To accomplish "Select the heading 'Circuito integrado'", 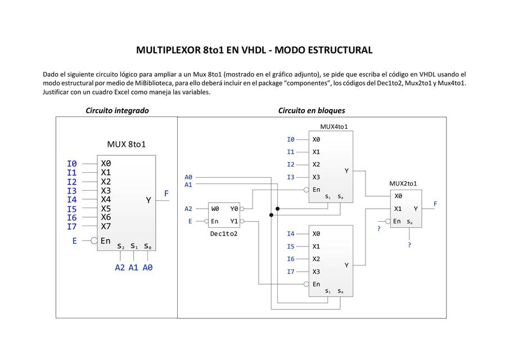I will coord(117,110).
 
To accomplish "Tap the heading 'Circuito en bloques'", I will coord(312,110).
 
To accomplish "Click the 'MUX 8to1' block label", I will coord(127,144).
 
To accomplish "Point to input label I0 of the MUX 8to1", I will coord(71,164).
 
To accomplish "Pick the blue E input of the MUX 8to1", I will coord(74,240).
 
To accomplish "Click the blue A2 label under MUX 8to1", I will coord(120,268).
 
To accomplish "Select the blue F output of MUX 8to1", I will coord(166,193).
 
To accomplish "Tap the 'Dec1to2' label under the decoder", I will coord(224,233).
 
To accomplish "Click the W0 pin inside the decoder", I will coord(215,209).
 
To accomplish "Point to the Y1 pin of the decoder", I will coord(234,221).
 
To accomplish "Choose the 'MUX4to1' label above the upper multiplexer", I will coord(334,127).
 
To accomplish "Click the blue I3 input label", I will coord(290,177).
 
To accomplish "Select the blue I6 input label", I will coord(290,259).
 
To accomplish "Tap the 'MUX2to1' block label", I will coord(403,183).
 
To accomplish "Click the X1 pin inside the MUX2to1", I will coord(398,209).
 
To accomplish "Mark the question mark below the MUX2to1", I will coord(409,245).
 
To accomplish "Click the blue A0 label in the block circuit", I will coord(188,177).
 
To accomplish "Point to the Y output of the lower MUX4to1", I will coord(346,265).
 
